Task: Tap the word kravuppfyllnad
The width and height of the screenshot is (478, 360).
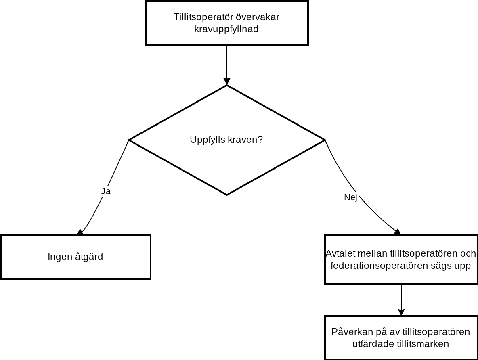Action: (226, 29)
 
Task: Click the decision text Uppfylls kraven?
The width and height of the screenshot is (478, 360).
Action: (226, 140)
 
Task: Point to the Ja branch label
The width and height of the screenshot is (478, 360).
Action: (106, 191)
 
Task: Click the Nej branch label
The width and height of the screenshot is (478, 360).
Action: (350, 197)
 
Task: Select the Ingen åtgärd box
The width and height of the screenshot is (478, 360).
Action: (76, 257)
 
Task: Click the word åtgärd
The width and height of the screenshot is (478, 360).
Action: (89, 257)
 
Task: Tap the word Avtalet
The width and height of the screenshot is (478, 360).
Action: (341, 253)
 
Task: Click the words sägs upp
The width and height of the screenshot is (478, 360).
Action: (451, 266)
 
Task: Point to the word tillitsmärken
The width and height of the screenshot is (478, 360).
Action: (423, 344)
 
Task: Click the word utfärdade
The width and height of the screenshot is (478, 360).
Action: (373, 344)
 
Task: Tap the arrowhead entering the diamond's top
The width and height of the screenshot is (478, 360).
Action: (227, 82)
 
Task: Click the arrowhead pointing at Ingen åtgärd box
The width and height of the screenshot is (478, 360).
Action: (80, 232)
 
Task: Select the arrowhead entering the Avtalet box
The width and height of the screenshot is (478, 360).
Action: (398, 232)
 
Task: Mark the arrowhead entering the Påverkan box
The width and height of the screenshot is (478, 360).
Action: (401, 312)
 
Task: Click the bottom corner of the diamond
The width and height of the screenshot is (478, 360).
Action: (227, 195)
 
